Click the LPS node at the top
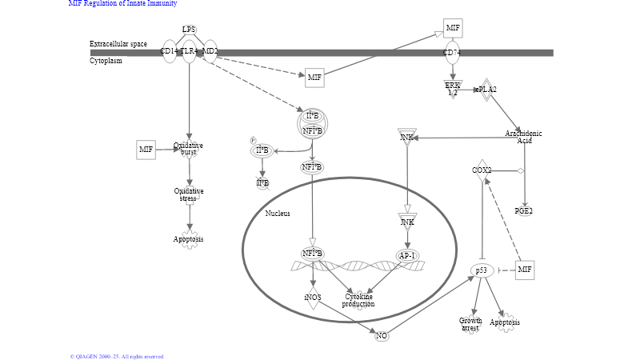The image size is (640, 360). (189, 30)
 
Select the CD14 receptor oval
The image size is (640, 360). (169, 52)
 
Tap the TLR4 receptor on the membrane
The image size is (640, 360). (189, 52)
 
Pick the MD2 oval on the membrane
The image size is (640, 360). (209, 52)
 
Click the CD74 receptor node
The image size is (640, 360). (453, 54)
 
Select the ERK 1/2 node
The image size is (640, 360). (453, 89)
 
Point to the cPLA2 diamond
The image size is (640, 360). (486, 90)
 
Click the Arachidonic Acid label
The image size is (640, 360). (524, 137)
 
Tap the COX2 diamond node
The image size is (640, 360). (482, 170)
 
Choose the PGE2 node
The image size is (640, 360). (524, 211)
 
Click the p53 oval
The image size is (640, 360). (482, 270)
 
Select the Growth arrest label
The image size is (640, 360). (470, 324)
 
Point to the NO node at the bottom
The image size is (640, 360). (382, 335)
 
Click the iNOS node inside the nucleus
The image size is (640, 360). (312, 298)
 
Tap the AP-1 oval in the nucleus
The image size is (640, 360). (407, 255)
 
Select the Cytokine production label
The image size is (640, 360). (358, 300)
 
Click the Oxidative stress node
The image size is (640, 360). (189, 194)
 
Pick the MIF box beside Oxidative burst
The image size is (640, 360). (146, 149)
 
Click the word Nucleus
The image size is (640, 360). (278, 214)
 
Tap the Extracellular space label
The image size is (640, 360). (118, 44)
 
